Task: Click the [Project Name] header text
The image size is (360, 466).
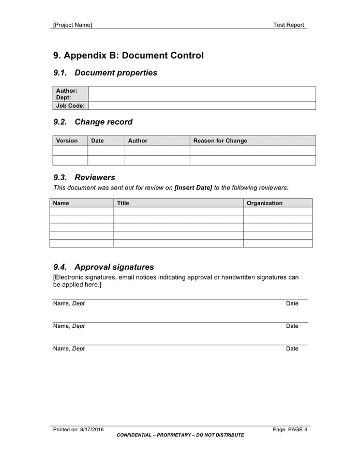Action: (72, 25)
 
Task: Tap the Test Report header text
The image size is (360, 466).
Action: (289, 25)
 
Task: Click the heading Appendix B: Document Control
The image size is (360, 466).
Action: (128, 55)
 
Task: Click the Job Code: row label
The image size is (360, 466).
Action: (70, 106)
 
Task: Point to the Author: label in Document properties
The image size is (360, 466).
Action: (67, 91)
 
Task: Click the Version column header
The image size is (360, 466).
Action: (67, 141)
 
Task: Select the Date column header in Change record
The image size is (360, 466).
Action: (97, 141)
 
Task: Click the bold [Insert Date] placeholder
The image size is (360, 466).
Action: (193, 188)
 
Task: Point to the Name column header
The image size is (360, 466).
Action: (61, 203)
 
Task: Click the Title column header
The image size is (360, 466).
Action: (123, 203)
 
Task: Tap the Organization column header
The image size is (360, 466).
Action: (264, 203)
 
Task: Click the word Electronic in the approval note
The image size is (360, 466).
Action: (70, 278)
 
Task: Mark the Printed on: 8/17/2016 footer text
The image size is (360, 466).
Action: (79, 429)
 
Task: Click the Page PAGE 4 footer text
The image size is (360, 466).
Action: (290, 429)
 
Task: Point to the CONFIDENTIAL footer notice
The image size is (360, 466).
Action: (180, 435)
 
